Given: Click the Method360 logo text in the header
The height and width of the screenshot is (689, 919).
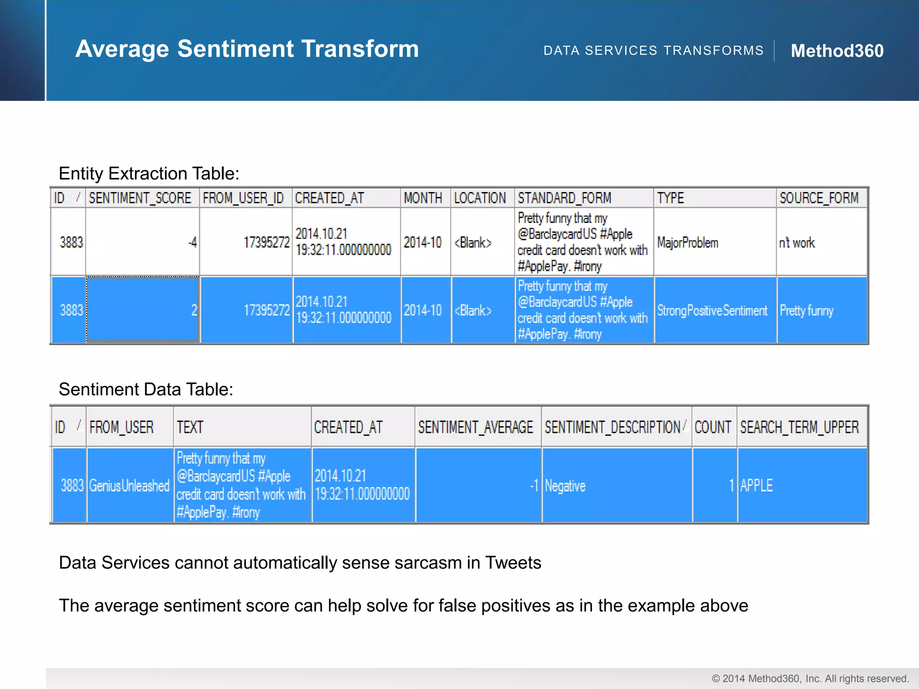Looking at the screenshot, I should tap(837, 51).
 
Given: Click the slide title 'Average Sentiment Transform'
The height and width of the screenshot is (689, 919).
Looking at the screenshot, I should tap(247, 48).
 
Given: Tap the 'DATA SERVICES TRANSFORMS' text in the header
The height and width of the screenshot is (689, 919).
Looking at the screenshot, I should tap(653, 51).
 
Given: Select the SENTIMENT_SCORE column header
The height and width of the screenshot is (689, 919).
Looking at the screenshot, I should tap(140, 198).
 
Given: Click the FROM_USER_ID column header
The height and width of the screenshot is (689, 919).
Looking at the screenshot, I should tap(243, 198).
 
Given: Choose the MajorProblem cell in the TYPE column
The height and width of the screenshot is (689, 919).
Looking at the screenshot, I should tap(687, 243).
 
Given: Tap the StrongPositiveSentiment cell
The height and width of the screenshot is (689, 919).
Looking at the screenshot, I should tap(712, 310).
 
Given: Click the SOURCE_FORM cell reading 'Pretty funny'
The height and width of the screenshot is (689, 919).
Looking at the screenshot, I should tap(806, 310).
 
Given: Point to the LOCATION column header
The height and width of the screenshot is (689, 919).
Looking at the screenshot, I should tap(480, 198).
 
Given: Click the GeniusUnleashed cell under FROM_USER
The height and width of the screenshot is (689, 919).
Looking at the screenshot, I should tap(129, 485).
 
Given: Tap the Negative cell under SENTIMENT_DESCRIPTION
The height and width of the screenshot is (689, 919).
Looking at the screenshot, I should tap(565, 486).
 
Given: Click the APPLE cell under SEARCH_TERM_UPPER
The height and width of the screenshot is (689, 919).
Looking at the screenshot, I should tap(757, 485).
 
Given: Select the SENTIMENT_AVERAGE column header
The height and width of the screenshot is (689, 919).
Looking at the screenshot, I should tap(476, 427).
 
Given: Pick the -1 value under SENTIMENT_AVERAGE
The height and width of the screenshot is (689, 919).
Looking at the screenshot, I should tap(534, 485).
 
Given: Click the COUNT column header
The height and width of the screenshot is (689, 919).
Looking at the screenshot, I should tap(713, 427).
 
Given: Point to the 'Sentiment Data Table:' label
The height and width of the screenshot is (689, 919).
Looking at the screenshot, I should tap(146, 389).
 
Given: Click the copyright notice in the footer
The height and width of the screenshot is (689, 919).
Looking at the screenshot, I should tap(810, 679).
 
